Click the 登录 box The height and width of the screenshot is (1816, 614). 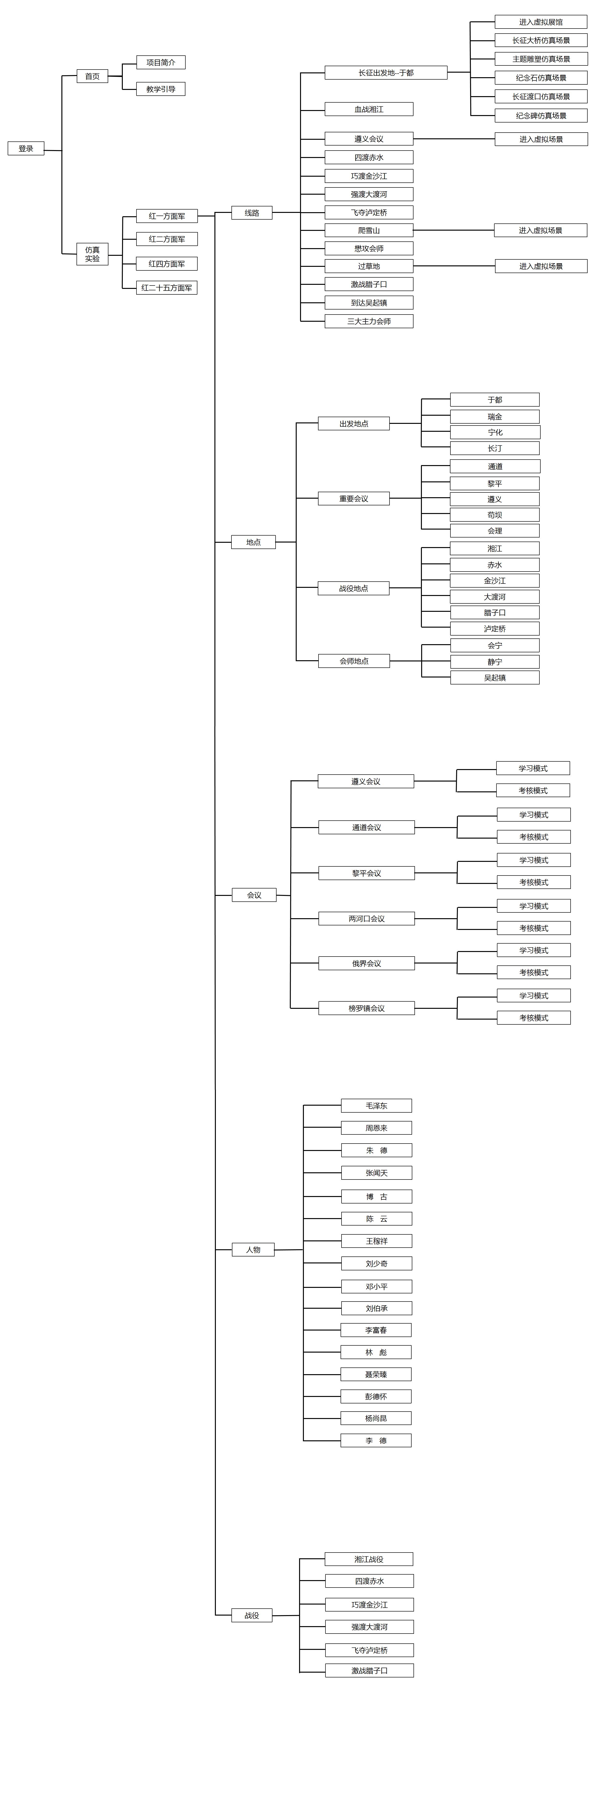tap(26, 148)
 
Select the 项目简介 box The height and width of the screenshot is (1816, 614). tap(161, 62)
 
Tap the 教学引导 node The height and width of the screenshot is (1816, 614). tap(161, 89)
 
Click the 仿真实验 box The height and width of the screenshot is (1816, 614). tap(92, 254)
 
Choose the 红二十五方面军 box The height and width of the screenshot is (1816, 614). tap(166, 288)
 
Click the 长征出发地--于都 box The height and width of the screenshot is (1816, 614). tap(386, 73)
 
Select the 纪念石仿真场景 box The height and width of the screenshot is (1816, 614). tap(541, 77)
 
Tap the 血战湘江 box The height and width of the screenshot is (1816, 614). tap(369, 109)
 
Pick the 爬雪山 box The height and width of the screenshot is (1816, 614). tap(369, 230)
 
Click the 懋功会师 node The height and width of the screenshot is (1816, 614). tap(369, 248)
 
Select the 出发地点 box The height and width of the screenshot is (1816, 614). tap(353, 424)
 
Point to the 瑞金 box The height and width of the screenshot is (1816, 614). tap(495, 417)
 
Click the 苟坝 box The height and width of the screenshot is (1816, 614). tap(495, 515)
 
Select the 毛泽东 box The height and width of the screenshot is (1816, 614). tap(377, 1105)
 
